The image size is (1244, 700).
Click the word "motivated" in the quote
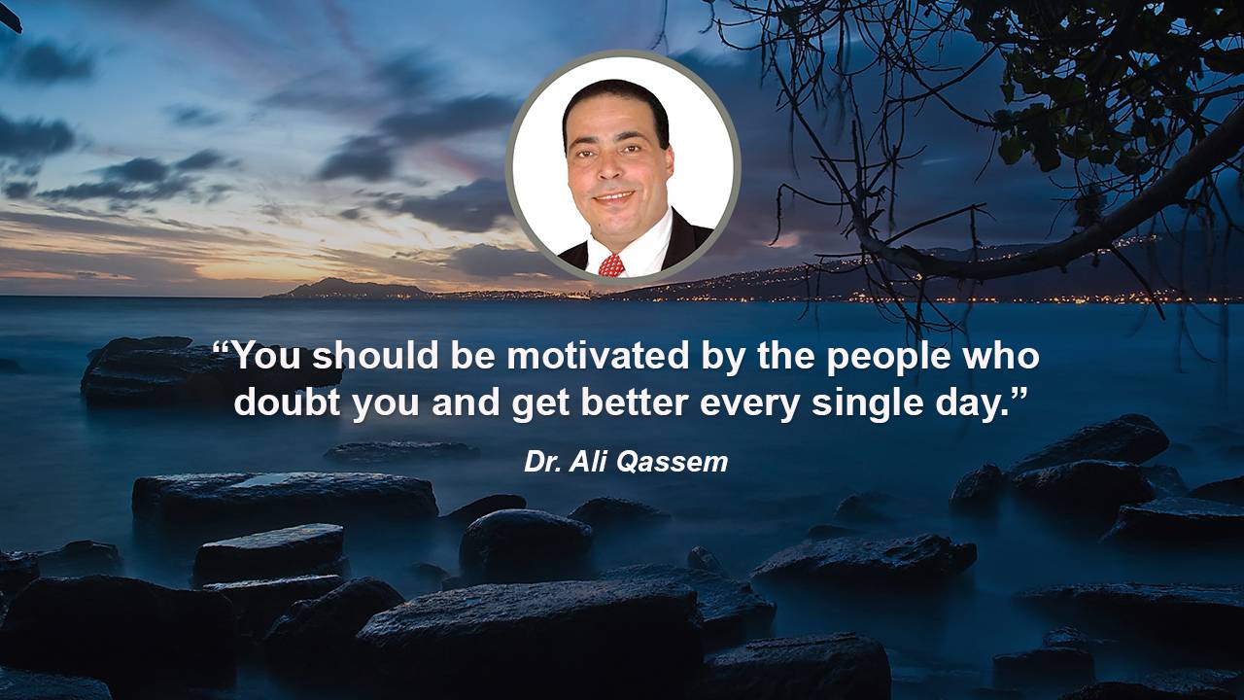[x=599, y=356]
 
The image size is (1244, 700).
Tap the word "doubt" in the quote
[x=287, y=402]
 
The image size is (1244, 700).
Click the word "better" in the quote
[x=635, y=402]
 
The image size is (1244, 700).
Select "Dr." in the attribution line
[x=543, y=462]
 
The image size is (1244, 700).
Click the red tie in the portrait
[x=611, y=266]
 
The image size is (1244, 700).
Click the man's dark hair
[x=615, y=103]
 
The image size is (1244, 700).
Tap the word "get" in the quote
[x=540, y=407]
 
